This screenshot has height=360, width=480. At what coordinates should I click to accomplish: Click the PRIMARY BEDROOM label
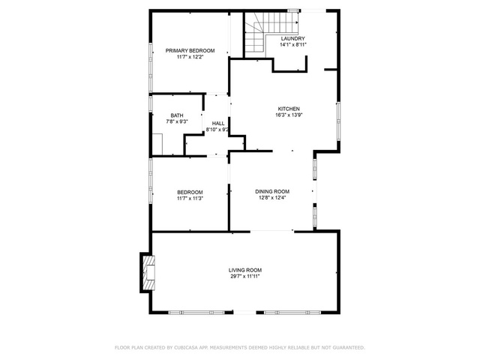click(190, 50)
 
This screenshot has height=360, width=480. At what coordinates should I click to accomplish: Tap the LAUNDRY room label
click(293, 38)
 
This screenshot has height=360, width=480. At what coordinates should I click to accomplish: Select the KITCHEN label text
click(289, 109)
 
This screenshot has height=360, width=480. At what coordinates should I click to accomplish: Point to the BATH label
click(177, 115)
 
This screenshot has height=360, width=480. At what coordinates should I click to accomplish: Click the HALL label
click(218, 123)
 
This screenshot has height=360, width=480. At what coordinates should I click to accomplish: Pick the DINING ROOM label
click(272, 192)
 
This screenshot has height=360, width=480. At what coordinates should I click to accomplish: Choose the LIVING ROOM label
click(245, 270)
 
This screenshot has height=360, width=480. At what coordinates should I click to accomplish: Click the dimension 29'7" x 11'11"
click(245, 277)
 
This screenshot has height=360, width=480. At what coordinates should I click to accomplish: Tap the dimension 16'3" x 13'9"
click(289, 115)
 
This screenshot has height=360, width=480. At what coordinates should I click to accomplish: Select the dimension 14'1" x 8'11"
click(293, 45)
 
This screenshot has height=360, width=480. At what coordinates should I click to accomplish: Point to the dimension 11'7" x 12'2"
click(190, 57)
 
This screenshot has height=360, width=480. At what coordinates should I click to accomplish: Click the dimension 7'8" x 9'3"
click(177, 121)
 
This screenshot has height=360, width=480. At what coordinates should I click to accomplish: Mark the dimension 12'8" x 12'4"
click(272, 198)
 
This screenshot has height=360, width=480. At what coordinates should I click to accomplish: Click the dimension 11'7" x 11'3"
click(190, 198)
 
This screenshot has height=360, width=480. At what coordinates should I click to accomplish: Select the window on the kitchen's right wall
click(338, 121)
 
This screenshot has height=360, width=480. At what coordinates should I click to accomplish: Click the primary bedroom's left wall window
click(150, 67)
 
